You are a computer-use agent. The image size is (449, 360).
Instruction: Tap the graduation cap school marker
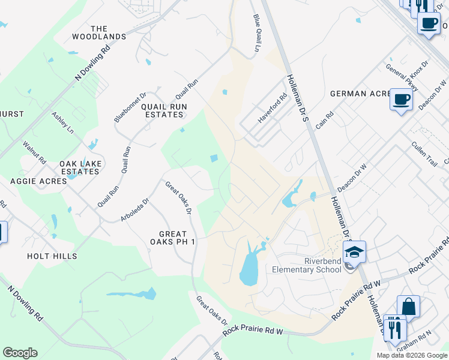coord(355,251)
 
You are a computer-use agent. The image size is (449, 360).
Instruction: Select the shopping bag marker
coord(408,307)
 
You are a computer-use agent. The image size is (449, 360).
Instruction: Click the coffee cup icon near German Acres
coord(401,99)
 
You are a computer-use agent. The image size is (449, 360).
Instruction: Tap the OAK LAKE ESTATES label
coord(79,167)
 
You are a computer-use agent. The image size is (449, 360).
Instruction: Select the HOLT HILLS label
coord(52,256)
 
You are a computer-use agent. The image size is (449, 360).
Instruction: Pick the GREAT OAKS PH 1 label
coord(173,238)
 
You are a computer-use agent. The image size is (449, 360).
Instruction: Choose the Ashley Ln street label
coord(62,122)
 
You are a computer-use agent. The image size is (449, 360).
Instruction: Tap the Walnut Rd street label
coord(34,152)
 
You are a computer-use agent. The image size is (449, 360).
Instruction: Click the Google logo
coord(20,353)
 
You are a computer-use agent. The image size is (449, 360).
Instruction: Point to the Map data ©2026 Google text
coord(411,355)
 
